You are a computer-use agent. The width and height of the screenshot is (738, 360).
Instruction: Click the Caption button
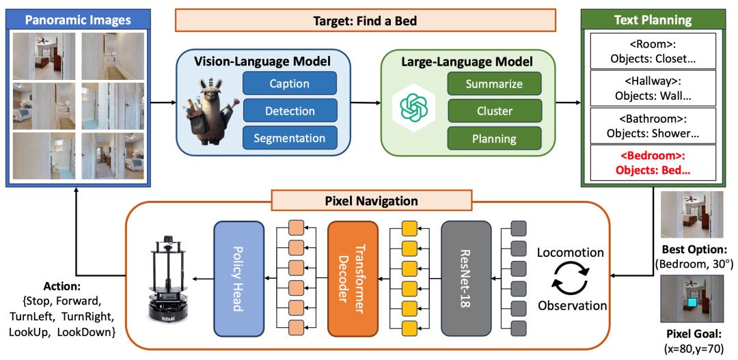point(290,84)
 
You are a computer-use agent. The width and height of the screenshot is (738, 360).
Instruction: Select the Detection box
point(290,111)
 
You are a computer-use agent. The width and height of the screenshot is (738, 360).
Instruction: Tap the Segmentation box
point(290,138)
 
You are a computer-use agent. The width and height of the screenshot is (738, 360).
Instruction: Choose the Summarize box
point(494,84)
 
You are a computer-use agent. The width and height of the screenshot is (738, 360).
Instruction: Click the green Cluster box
point(494,111)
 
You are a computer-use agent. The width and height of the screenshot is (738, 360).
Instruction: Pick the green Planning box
point(494,139)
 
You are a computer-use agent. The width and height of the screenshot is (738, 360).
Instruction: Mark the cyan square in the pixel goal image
point(692,303)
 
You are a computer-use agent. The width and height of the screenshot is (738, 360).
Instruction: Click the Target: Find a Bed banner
point(365,20)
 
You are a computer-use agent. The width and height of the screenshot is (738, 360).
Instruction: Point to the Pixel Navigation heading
point(371,201)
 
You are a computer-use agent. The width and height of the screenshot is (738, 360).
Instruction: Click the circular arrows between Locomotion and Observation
point(570,279)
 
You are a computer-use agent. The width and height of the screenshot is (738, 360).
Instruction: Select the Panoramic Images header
point(78,20)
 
